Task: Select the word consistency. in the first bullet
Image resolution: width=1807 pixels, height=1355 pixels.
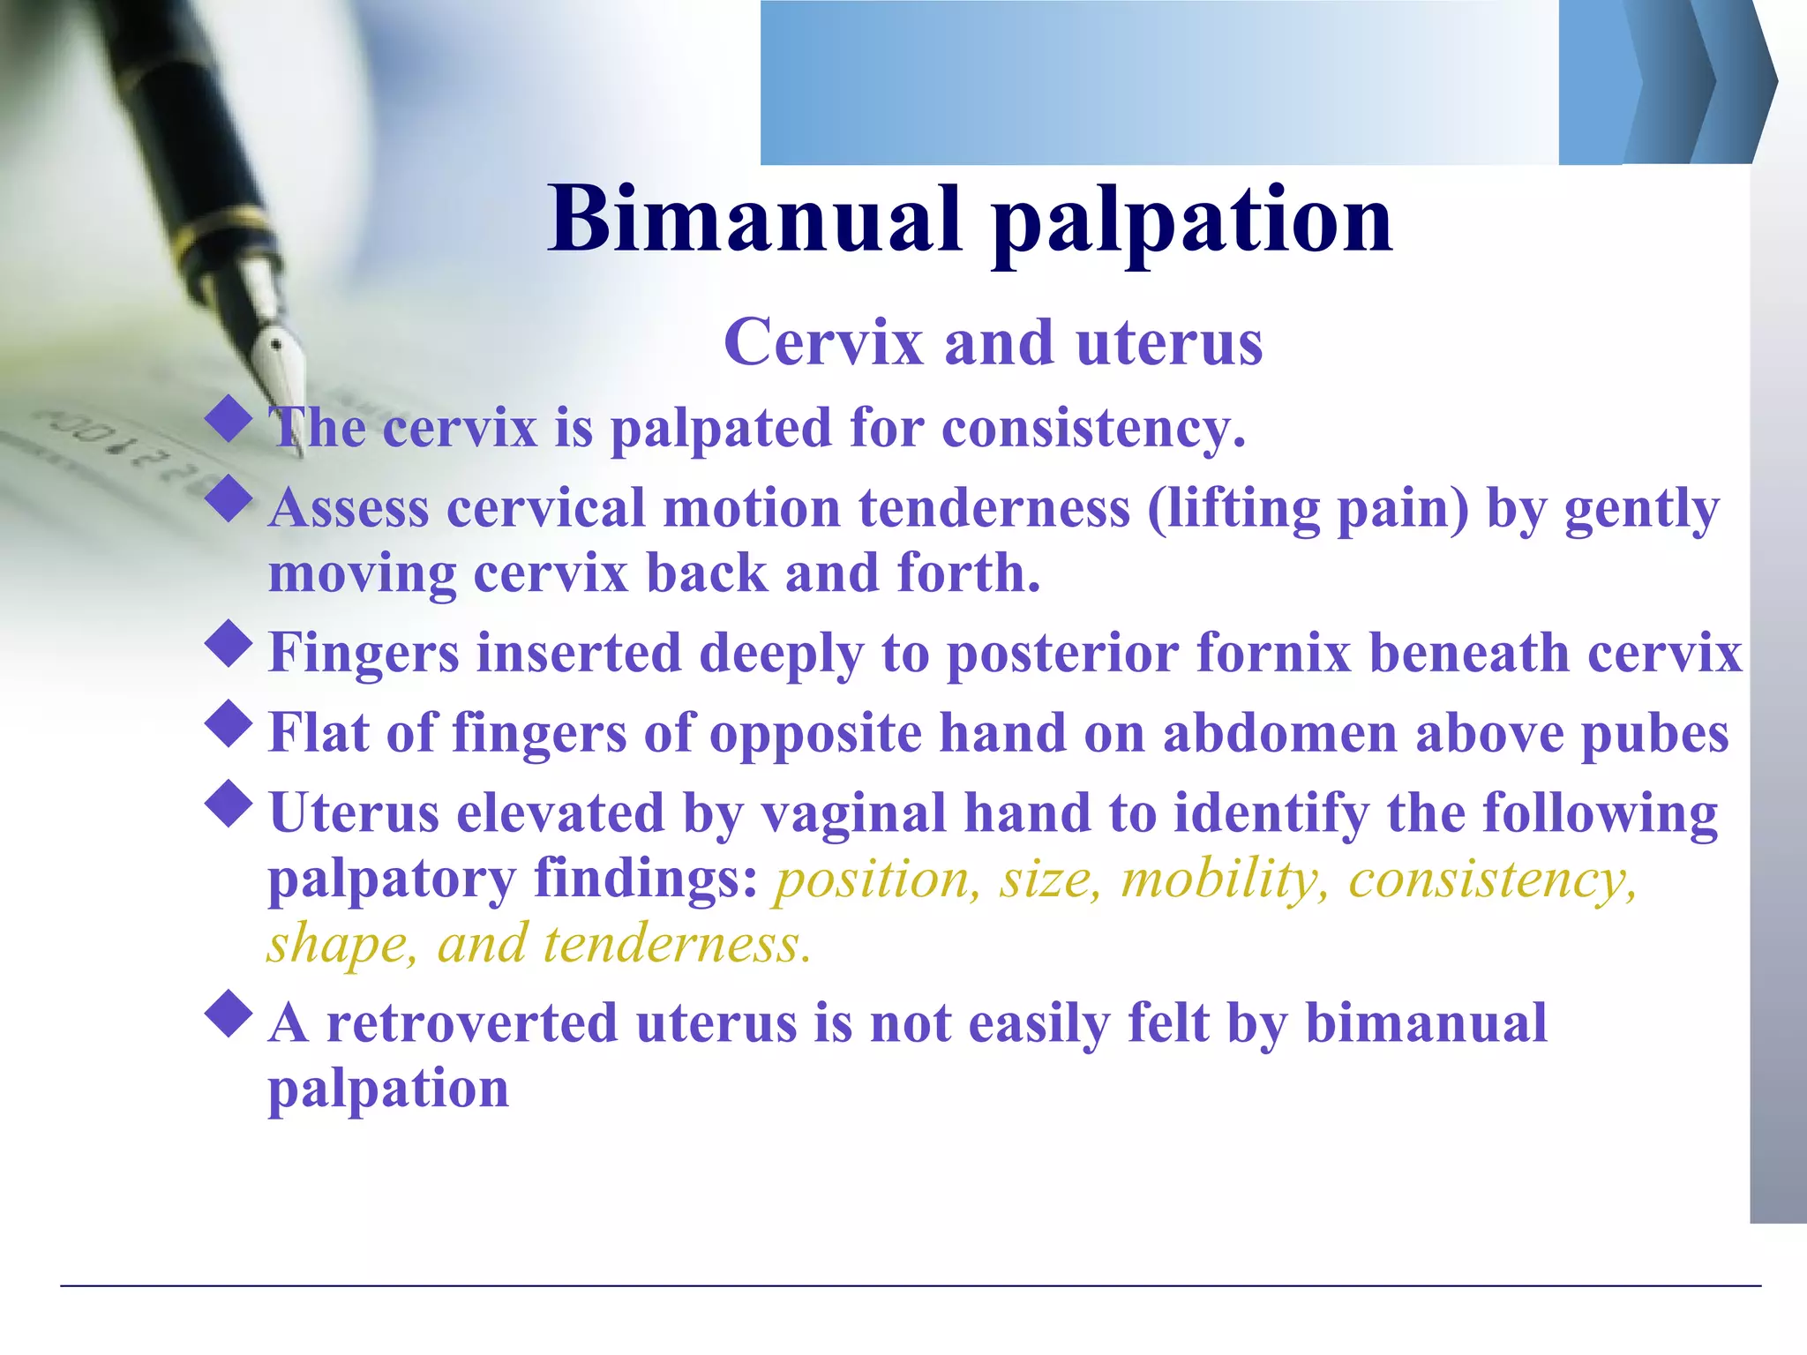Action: pyautogui.click(x=1094, y=429)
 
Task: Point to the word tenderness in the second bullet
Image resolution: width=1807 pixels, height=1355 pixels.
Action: pyautogui.click(x=994, y=509)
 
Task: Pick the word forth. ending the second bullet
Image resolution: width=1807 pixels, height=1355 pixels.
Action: pyautogui.click(x=969, y=573)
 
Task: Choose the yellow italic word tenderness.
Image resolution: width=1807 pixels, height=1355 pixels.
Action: pyautogui.click(x=677, y=945)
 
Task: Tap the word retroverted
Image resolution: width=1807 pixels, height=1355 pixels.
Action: pyautogui.click(x=472, y=1024)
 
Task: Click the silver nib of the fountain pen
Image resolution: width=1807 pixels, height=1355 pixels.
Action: pyautogui.click(x=279, y=371)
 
